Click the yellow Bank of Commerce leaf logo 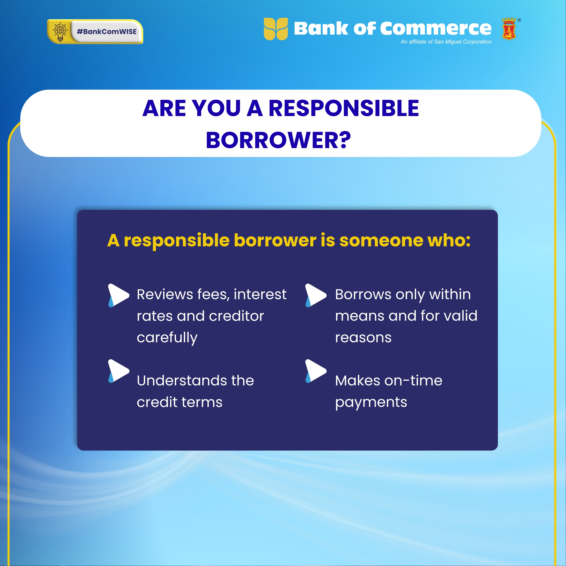click(x=276, y=29)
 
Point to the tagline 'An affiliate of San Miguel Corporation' click(x=446, y=42)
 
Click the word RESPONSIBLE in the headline click(x=344, y=108)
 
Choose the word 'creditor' click(x=236, y=316)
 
